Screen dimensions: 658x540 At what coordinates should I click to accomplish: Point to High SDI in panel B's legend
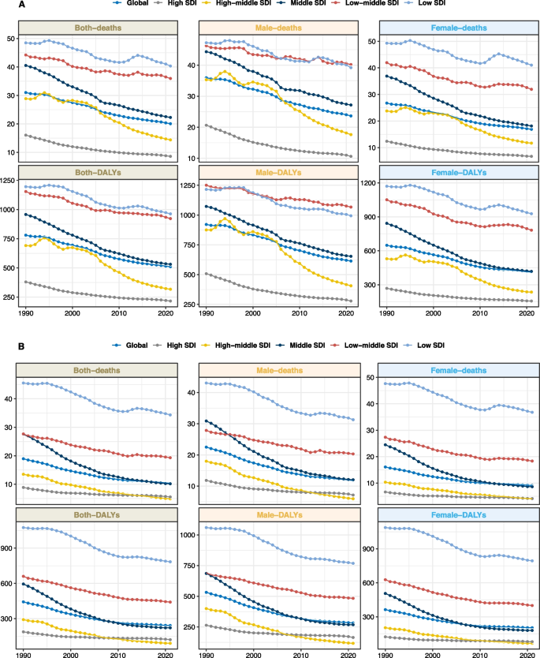tap(181, 346)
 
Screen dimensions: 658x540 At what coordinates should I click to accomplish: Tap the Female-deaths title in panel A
tap(453, 28)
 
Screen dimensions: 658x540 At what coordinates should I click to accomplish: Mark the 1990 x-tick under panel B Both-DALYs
tap(25, 654)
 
